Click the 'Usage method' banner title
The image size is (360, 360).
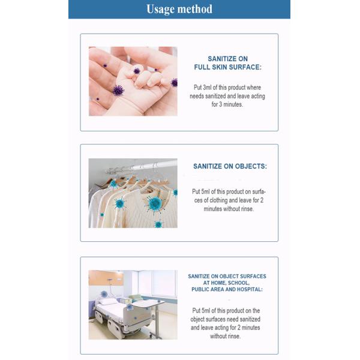[x=179, y=9]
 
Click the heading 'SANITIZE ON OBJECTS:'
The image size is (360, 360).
[x=230, y=166]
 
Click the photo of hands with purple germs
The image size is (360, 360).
[x=133, y=81]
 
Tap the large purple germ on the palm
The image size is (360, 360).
[x=118, y=90]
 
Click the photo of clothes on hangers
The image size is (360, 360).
[x=133, y=193]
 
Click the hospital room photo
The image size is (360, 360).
[x=133, y=304]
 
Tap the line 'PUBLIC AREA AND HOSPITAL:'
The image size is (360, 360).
[x=227, y=289]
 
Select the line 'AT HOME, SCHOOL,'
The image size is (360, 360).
[x=227, y=283]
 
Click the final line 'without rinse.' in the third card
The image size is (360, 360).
[x=226, y=337]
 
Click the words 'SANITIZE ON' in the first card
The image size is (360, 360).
[x=227, y=59]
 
